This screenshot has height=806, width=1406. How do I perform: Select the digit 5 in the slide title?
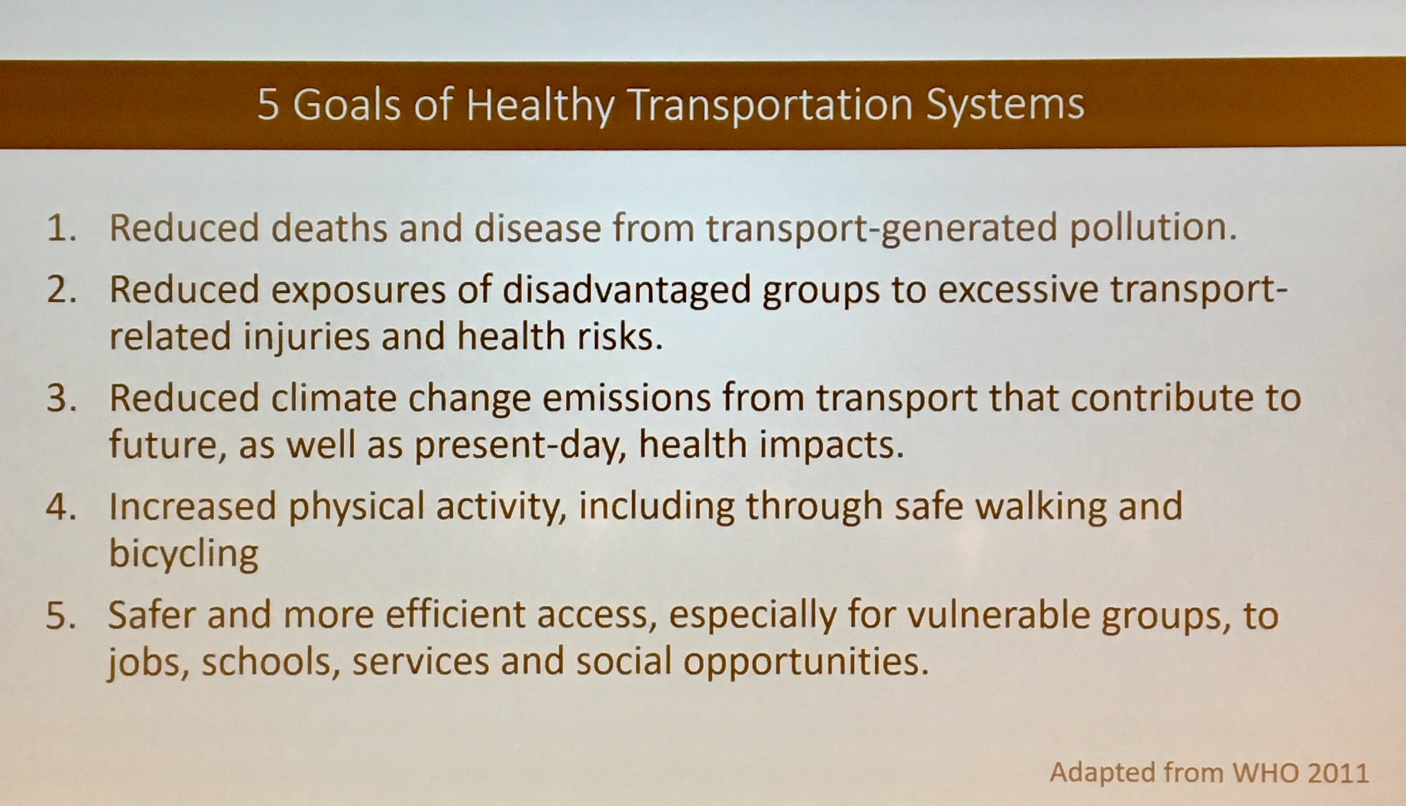tap(268, 105)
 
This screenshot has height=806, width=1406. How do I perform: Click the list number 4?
tap(61, 507)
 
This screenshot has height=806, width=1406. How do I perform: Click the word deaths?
tap(329, 228)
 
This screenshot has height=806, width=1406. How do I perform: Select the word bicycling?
tap(184, 553)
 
